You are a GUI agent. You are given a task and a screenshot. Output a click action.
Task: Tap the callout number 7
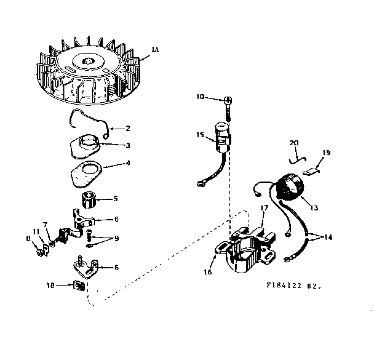click(x=45, y=225)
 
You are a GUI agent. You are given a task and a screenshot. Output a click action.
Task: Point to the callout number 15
click(x=201, y=134)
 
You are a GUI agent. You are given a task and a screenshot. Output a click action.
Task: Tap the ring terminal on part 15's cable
click(x=200, y=182)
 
